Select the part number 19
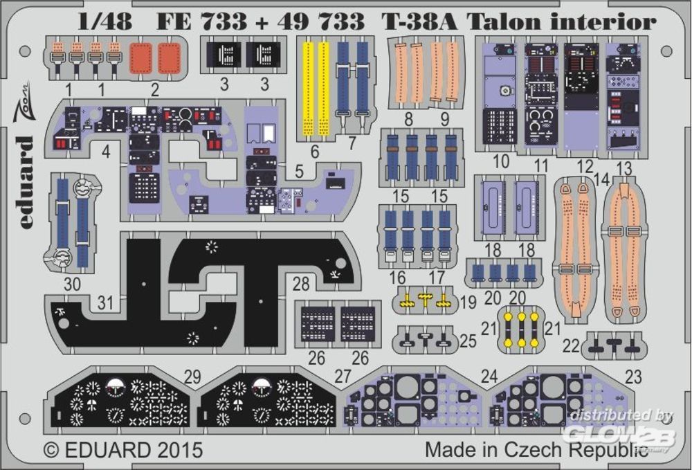click(x=468, y=302)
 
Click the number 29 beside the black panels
click(x=193, y=377)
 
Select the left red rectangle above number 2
click(x=141, y=57)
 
